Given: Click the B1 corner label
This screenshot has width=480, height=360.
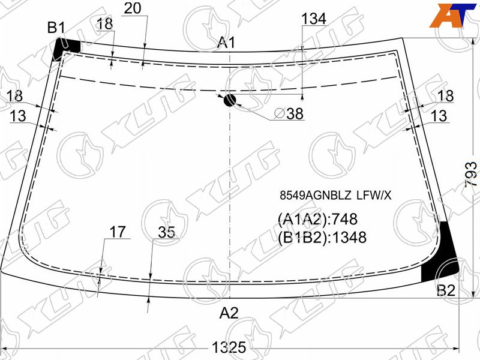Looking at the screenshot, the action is [x=56, y=28].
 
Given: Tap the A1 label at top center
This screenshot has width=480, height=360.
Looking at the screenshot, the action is [x=226, y=42].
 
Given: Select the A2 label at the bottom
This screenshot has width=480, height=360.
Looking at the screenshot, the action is [x=229, y=313].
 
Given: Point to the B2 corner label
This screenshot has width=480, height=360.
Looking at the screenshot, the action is [x=446, y=290].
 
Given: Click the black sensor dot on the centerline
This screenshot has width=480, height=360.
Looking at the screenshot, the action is [x=230, y=100].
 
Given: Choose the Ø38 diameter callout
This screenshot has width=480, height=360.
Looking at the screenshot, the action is [x=289, y=113].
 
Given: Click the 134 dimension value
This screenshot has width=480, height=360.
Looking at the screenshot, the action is [x=314, y=19].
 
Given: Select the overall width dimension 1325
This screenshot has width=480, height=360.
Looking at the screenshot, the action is [x=229, y=347].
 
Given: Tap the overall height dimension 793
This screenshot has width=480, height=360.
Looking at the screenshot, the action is [x=471, y=175].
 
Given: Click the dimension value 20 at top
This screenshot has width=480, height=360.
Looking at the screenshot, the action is [x=133, y=8].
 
